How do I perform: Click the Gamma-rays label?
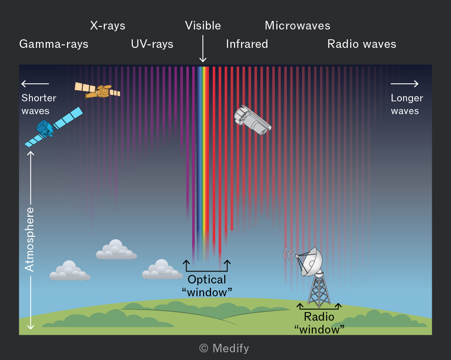click(x=54, y=44)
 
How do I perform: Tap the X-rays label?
click(x=108, y=26)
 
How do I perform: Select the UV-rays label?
click(x=152, y=44)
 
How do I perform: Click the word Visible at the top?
click(x=203, y=26)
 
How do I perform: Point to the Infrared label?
click(x=247, y=44)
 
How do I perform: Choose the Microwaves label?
click(x=298, y=26)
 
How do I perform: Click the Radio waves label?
click(x=362, y=44)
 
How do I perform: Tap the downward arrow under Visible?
click(x=203, y=48)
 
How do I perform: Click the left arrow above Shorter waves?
click(x=35, y=84)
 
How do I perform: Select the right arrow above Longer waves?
click(x=404, y=84)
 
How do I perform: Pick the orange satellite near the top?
click(x=98, y=91)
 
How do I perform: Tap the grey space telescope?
click(x=252, y=121)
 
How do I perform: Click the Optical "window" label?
click(x=207, y=286)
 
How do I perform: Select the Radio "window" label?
click(x=319, y=323)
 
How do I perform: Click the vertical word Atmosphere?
click(x=29, y=239)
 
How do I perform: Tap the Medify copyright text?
click(x=224, y=348)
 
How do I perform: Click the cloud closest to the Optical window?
click(x=162, y=269)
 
